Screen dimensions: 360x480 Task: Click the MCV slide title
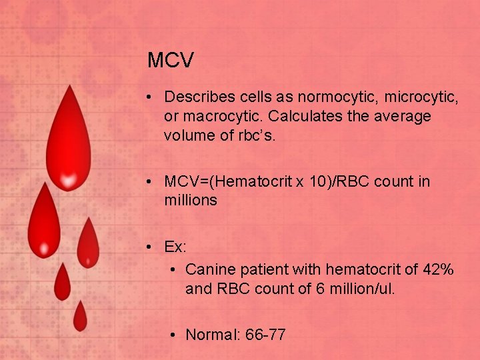(x=171, y=61)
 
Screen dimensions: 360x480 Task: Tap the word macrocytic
(x=217, y=117)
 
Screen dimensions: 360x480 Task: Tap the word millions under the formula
(x=191, y=200)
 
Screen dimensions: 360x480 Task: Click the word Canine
(x=209, y=269)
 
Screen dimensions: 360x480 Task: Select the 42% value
(x=439, y=269)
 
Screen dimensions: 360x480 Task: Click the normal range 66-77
(x=265, y=335)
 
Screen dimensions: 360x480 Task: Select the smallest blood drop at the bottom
(x=80, y=317)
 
